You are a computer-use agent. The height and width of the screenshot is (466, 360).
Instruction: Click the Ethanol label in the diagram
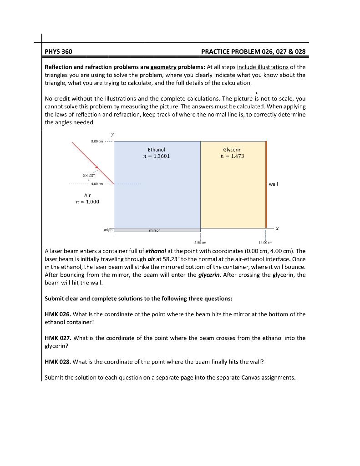coord(157,149)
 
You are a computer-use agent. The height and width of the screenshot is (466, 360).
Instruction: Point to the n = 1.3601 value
coord(157,156)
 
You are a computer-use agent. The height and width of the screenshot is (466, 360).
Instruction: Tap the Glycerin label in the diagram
coord(232,149)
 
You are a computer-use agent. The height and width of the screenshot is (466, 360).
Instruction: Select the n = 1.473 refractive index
coord(232,156)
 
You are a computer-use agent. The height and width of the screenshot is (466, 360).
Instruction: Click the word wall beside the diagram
coord(273,184)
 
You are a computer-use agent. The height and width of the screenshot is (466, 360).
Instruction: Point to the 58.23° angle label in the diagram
coord(88,174)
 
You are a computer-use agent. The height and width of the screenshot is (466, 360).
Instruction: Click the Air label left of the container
coord(87,194)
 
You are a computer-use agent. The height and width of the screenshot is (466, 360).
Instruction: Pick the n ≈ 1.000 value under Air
coord(87,202)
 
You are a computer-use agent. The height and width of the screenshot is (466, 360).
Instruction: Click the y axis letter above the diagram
coord(113,133)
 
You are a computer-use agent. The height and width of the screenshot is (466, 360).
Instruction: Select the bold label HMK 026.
coord(57,314)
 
